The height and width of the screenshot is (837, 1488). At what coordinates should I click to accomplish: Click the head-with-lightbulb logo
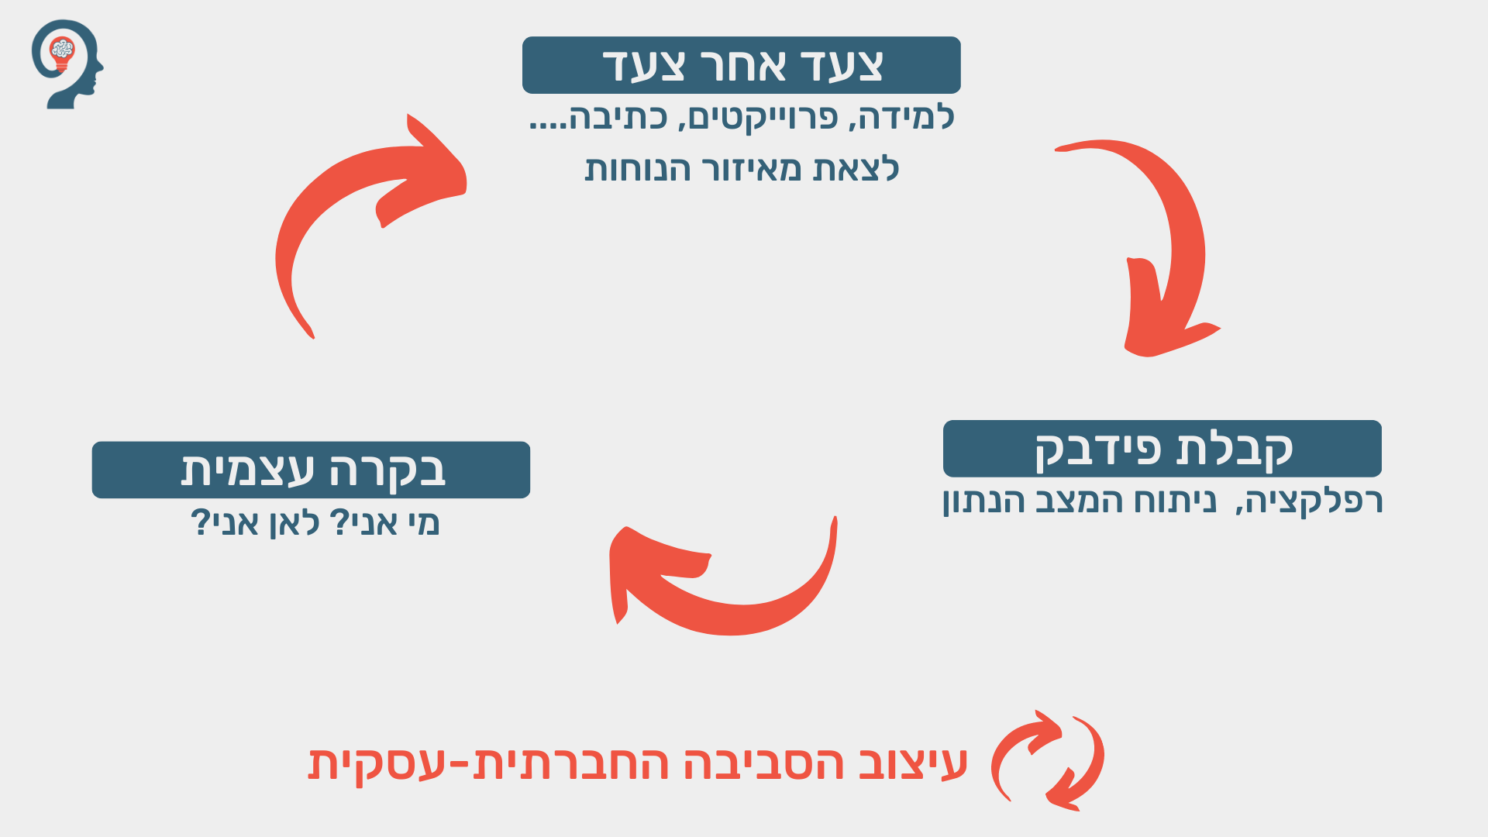pos(67,64)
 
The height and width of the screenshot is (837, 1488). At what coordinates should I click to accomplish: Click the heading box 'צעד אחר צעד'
pos(741,65)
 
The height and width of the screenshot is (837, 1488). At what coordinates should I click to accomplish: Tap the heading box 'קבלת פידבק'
pos(1162,449)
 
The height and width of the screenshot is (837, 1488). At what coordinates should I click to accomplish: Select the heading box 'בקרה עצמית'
pos(311,470)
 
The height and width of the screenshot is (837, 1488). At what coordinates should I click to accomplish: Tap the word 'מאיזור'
pos(752,169)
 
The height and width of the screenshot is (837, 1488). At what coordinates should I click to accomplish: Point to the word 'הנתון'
pos(980,501)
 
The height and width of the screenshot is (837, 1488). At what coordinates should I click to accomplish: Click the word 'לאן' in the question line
pos(294,523)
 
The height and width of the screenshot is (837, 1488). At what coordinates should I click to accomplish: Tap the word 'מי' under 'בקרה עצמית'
pos(423,523)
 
